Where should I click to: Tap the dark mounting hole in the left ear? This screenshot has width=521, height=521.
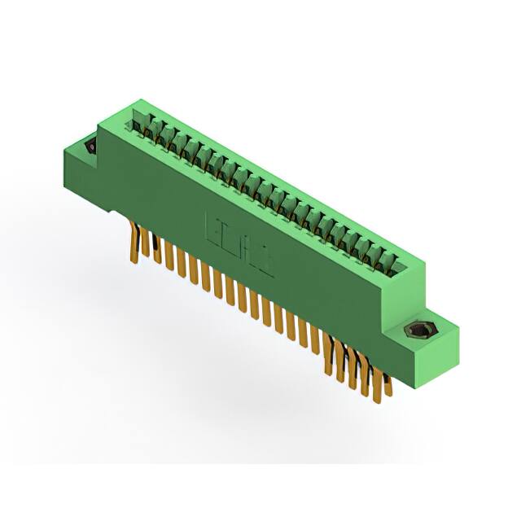[91, 147]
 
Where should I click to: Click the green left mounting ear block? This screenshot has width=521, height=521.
[81, 163]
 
